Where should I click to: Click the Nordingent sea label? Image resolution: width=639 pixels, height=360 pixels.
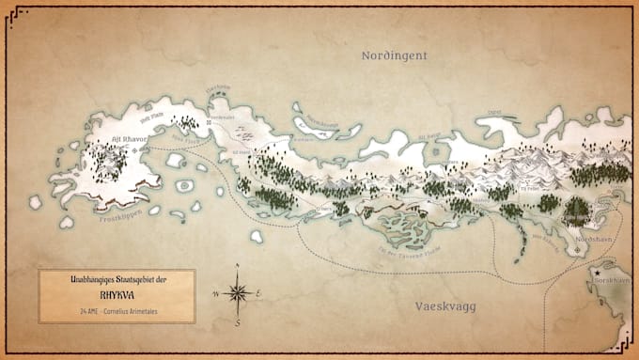(395, 56)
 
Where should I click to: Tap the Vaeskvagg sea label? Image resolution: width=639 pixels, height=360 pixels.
(448, 306)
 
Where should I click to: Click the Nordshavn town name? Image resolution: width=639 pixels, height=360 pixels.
(594, 240)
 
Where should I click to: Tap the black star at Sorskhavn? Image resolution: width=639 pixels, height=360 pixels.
(597, 274)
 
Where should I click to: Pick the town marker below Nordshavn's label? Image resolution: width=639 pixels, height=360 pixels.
(578, 251)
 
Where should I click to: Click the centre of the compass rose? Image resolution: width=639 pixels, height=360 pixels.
(238, 295)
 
